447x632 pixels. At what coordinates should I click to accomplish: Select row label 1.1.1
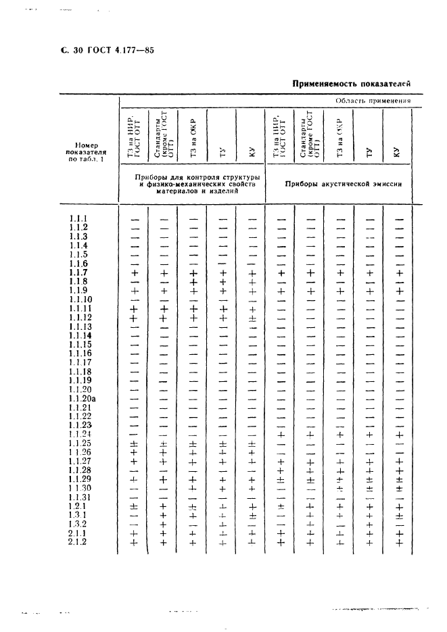(x=78, y=218)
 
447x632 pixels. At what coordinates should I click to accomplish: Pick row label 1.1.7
(x=78, y=272)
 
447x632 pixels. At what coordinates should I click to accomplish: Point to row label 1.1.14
(x=80, y=336)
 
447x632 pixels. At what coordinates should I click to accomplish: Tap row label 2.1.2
(x=78, y=541)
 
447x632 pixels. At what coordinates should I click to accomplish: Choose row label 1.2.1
(x=77, y=506)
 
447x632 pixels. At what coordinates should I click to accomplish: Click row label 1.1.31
(x=80, y=497)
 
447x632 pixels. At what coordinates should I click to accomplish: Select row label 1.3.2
(x=77, y=524)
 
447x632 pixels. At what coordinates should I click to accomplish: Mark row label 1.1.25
(x=80, y=443)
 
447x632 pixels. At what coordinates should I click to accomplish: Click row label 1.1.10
(x=80, y=299)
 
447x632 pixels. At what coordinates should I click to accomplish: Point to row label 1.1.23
(x=80, y=425)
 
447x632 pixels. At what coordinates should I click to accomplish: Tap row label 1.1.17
(x=80, y=363)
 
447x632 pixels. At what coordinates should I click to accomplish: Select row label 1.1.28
(x=80, y=470)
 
